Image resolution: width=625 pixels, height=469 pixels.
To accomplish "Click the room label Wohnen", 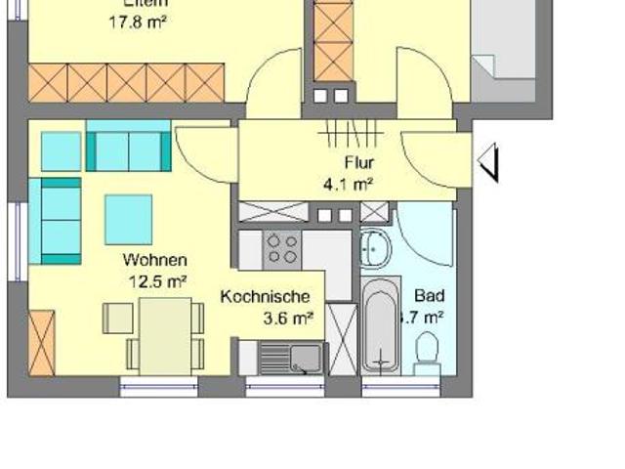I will pyautogui.click(x=154, y=261).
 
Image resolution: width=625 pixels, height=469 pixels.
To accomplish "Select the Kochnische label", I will pyautogui.click(x=266, y=297).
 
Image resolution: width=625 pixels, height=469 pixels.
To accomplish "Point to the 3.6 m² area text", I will pyautogui.click(x=288, y=317).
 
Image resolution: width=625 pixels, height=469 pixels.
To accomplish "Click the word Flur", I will pyautogui.click(x=358, y=163).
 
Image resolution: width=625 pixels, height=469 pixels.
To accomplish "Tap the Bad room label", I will pyautogui.click(x=429, y=295).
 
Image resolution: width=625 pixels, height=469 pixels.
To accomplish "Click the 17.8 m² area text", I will pyautogui.click(x=138, y=19).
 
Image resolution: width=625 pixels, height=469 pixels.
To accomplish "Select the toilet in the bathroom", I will pyautogui.click(x=427, y=350).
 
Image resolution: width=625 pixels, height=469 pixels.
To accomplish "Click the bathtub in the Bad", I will pyautogui.click(x=381, y=325).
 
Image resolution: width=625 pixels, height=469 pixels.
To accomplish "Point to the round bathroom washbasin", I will pyautogui.click(x=374, y=250).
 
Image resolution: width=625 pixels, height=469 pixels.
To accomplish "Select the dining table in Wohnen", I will pyautogui.click(x=165, y=334).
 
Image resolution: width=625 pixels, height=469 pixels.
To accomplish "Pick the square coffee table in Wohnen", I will pyautogui.click(x=129, y=218).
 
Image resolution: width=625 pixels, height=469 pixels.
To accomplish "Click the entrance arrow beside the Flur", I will pyautogui.click(x=489, y=160).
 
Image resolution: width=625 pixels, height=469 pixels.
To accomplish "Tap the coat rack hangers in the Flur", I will pyautogui.click(x=352, y=133).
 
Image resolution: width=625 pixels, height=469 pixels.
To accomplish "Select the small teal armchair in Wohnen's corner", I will pyautogui.click(x=61, y=151).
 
